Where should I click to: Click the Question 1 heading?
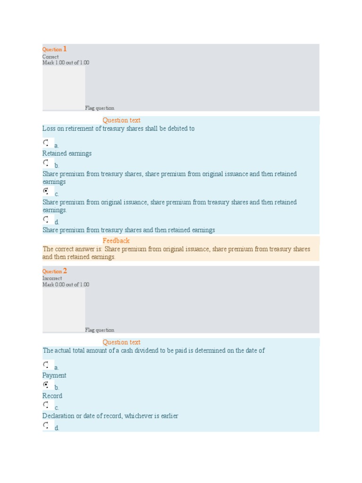pos(55,49)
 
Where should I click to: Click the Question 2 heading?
pos(55,271)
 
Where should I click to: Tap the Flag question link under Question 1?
pos(99,108)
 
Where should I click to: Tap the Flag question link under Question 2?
pos(99,330)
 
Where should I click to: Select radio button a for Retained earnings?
pos(46,142)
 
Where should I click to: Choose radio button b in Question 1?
pos(46,163)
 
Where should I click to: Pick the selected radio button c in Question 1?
pos(46,191)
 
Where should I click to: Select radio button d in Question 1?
pos(46,219)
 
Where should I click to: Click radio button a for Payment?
pos(46,365)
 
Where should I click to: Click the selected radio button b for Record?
pos(46,385)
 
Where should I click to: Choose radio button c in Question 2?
pos(46,405)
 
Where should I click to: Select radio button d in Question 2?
pos(46,425)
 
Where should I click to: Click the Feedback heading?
pos(116,241)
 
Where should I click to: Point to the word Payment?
pos(54,375)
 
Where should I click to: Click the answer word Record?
pos(52,396)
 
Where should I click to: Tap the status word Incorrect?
pos(52,278)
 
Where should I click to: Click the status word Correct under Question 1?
pos(50,57)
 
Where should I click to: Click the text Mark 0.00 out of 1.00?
pos(66,284)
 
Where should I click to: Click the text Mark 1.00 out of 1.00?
pos(66,63)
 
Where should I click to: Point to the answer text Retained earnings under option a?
pos(67,153)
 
